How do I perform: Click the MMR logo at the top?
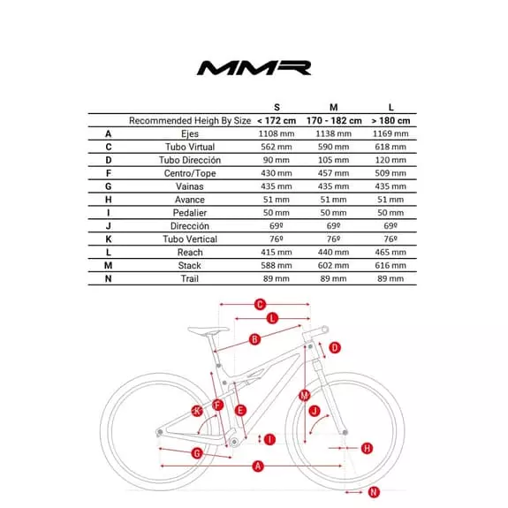pos(253,67)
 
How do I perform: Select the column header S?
pos(277,107)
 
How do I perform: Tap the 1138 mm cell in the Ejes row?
pos(333,133)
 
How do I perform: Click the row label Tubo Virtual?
pos(190,147)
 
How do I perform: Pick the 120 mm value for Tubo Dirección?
pos(390,160)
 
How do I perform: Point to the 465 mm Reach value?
pos(390,252)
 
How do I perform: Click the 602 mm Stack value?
pos(333,265)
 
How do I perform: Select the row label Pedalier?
pos(190,212)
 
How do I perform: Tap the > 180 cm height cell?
pos(390,120)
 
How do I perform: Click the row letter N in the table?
pos(108,278)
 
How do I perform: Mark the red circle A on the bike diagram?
pos(259,466)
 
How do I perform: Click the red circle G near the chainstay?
pos(196,453)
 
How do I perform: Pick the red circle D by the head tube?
pos(334,348)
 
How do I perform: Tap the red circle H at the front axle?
pos(367,448)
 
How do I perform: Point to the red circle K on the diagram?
pos(197,410)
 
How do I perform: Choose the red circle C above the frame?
pos(260,305)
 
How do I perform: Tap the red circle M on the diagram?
pos(304,395)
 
